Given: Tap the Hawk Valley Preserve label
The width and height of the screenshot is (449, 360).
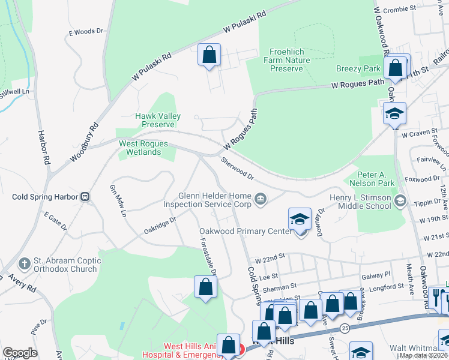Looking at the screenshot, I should pyautogui.click(x=158, y=120).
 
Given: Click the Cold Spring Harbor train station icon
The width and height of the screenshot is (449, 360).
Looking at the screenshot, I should pyautogui.click(x=85, y=196).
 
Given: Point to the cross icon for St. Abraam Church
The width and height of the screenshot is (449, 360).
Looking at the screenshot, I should pyautogui.click(x=23, y=263).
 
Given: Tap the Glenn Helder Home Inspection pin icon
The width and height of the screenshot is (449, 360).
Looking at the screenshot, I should pyautogui.click(x=261, y=199).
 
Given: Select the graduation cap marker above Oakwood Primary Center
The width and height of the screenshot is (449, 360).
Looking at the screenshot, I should pyautogui.click(x=300, y=220).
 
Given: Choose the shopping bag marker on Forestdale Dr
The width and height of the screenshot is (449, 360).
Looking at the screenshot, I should pyautogui.click(x=205, y=287).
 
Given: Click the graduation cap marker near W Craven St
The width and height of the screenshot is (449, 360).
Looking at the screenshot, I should pyautogui.click(x=394, y=113).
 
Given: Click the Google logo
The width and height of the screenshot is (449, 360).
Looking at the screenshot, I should pyautogui.click(x=20, y=352).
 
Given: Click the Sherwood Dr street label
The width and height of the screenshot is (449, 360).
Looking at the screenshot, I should pyautogui.click(x=237, y=169).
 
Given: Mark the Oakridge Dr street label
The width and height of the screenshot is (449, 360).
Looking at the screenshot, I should pyautogui.click(x=160, y=226).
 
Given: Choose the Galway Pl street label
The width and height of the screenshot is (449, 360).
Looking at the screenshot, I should pyautogui.click(x=376, y=274).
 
